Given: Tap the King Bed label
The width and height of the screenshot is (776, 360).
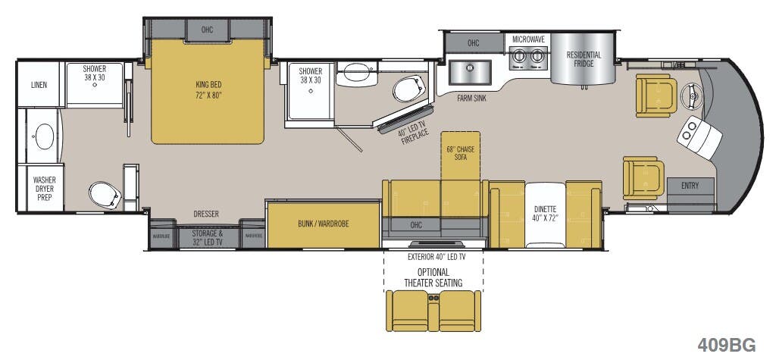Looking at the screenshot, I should click(207, 89).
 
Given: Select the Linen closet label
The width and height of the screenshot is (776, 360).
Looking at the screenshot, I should click(39, 85).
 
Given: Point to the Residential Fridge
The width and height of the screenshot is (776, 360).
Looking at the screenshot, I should click(584, 59).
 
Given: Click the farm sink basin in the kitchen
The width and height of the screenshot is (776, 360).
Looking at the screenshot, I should click(469, 73).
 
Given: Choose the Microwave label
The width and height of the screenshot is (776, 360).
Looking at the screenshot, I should click(528, 39).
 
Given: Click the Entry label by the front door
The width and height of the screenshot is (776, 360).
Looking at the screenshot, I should click(690, 186).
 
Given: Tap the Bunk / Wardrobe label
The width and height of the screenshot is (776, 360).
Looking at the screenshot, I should click(323, 224).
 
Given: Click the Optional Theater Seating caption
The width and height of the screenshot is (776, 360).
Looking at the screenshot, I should click(433, 277).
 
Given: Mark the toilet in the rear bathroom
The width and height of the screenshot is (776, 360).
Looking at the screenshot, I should click(103, 195).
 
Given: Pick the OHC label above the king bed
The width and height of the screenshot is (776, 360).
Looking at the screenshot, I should click(208, 30).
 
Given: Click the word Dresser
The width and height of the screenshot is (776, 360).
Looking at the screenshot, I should click(205, 214).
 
